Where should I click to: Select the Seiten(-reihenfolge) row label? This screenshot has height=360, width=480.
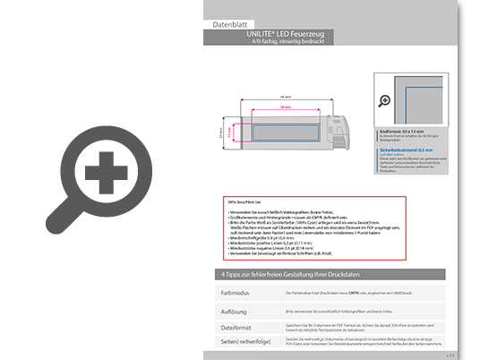coord(245,343)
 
